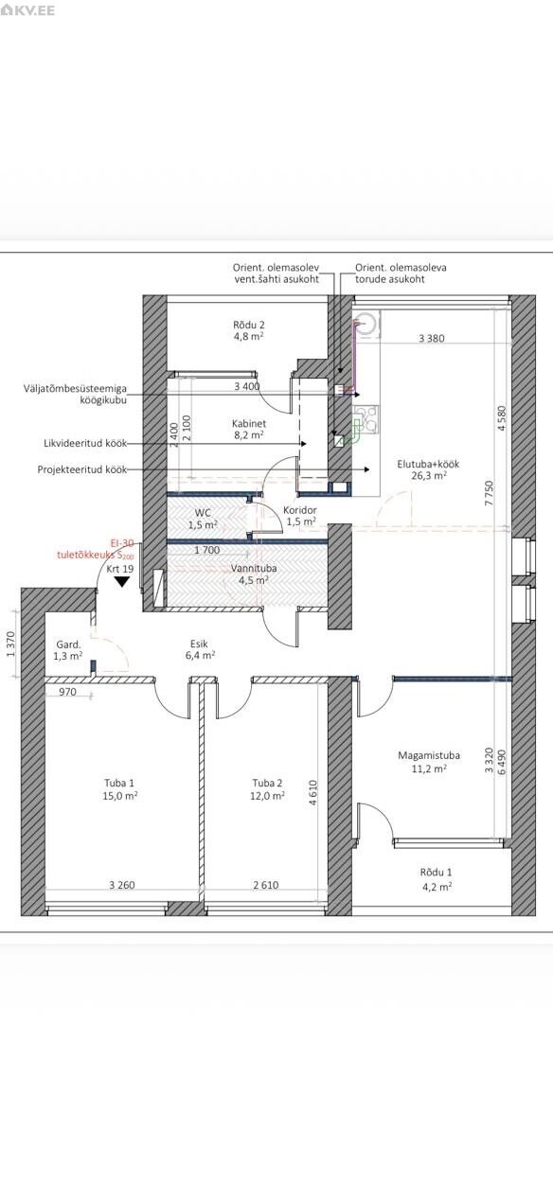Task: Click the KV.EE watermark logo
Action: (x=27, y=10)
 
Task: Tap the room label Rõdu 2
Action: (x=249, y=325)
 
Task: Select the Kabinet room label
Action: (x=249, y=423)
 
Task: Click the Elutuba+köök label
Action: (x=428, y=464)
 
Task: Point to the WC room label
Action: (x=203, y=513)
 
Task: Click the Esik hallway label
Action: (x=199, y=644)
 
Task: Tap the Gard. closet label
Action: (x=68, y=645)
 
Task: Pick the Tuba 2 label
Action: (x=267, y=784)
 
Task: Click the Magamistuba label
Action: (x=429, y=755)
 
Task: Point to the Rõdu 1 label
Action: (x=437, y=873)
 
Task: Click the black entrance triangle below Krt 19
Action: (x=123, y=581)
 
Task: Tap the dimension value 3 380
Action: (x=431, y=338)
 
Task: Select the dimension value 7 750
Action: (x=488, y=493)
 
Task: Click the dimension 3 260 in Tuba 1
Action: (x=122, y=885)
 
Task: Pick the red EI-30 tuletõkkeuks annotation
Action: (x=95, y=549)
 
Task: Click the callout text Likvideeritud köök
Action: (x=85, y=444)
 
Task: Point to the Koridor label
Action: (x=300, y=510)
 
